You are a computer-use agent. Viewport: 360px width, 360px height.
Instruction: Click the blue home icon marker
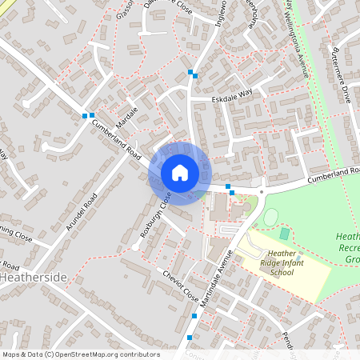pos(179,172)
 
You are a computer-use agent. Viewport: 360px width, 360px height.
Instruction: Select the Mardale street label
pos(127,118)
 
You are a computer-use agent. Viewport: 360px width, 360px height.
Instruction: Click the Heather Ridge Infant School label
pos(277,264)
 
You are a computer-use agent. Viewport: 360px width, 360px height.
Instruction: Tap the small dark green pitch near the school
pos(285,234)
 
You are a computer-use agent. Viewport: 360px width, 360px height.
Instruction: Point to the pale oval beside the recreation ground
pos(270,217)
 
